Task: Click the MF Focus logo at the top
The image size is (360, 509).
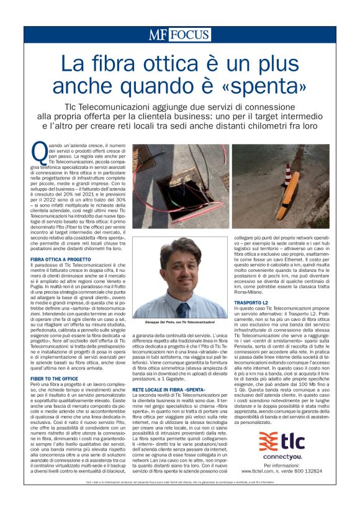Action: [x=179, y=34]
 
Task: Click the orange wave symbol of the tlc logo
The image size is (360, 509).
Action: [x=271, y=440]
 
